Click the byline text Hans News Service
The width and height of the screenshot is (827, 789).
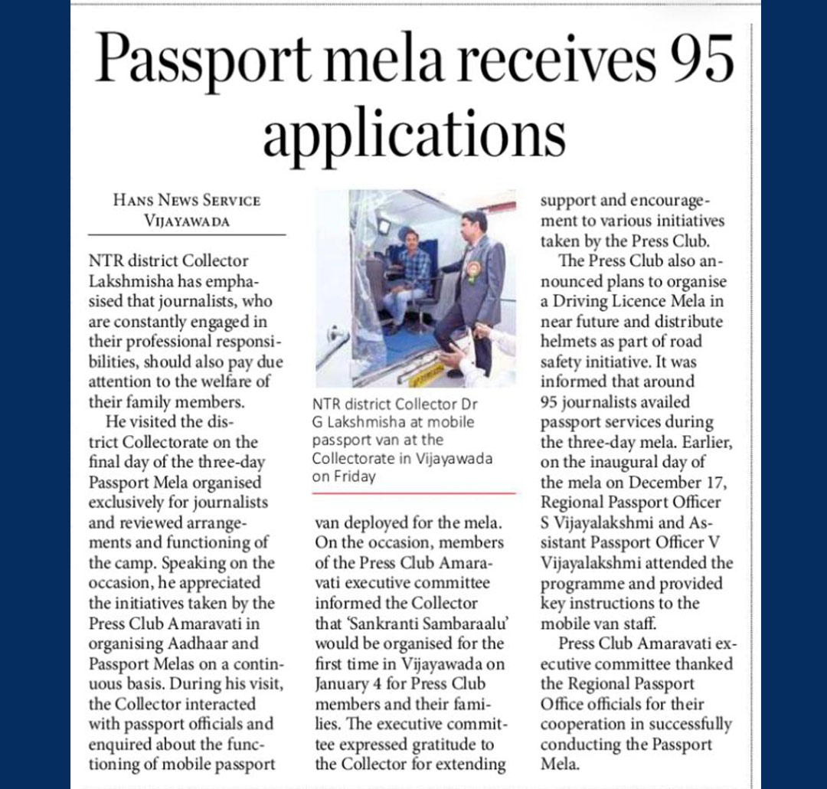point(187,201)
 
